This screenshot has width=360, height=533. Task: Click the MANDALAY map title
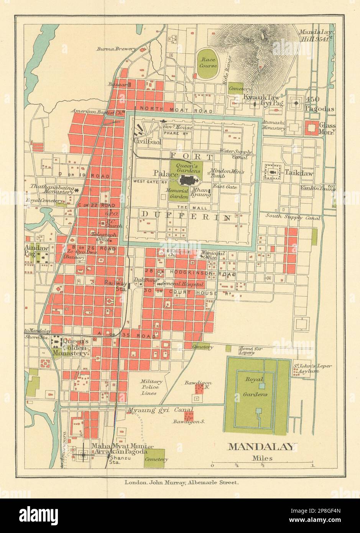tap(262, 447)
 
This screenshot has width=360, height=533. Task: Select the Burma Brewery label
tap(116, 49)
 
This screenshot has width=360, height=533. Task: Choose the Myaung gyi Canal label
tap(160, 411)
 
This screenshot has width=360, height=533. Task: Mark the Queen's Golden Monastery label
tap(75, 347)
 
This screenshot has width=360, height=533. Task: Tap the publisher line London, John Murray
tap(181, 483)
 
